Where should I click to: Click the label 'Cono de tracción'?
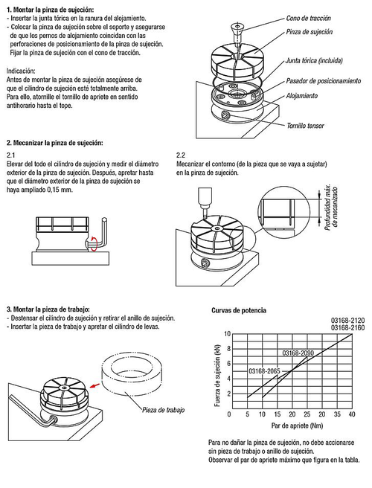click(308, 19)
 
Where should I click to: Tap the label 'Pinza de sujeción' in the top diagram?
click(310, 32)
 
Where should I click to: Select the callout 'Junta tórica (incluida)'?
click(314, 61)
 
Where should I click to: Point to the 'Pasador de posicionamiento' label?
click(324, 81)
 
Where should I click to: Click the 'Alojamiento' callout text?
click(302, 96)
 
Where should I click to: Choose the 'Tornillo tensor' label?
click(305, 126)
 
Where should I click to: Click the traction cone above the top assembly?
click(237, 35)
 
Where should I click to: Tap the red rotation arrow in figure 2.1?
click(94, 243)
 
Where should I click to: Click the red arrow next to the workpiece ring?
click(95, 385)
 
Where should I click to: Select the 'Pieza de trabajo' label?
click(164, 410)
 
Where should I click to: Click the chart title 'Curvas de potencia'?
click(239, 310)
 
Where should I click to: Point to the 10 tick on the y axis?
click(227, 334)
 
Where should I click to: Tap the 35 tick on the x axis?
click(337, 414)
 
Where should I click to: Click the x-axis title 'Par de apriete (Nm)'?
click(297, 426)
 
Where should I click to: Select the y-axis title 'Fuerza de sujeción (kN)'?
click(217, 376)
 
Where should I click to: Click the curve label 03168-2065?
click(264, 371)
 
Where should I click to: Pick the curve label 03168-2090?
click(298, 353)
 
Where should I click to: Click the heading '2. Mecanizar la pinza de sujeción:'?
click(55, 143)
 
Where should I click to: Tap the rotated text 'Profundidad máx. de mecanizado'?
click(331, 208)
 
